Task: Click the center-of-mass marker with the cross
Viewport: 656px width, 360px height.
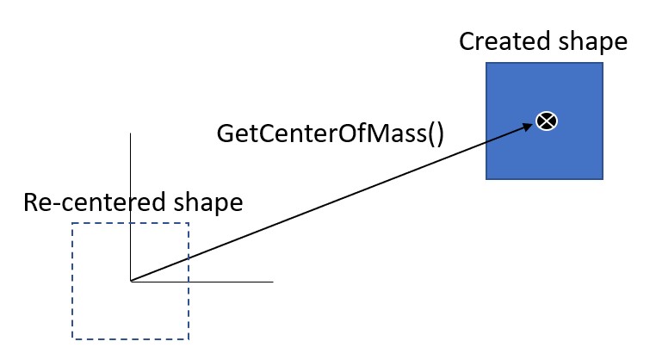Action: [544, 121]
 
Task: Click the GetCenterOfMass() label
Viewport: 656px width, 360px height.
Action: [331, 134]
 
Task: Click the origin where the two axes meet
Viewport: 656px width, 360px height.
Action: [130, 281]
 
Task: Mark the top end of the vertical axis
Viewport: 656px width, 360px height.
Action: [130, 133]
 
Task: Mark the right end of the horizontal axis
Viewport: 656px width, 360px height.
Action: [273, 281]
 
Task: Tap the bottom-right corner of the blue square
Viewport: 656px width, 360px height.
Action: [603, 179]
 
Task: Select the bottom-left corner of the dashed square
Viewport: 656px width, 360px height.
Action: [72, 338]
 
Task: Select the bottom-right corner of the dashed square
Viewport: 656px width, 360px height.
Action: [188, 338]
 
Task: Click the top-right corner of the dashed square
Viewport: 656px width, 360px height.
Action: [188, 224]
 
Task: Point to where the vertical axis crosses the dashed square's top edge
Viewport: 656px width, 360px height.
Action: [130, 224]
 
